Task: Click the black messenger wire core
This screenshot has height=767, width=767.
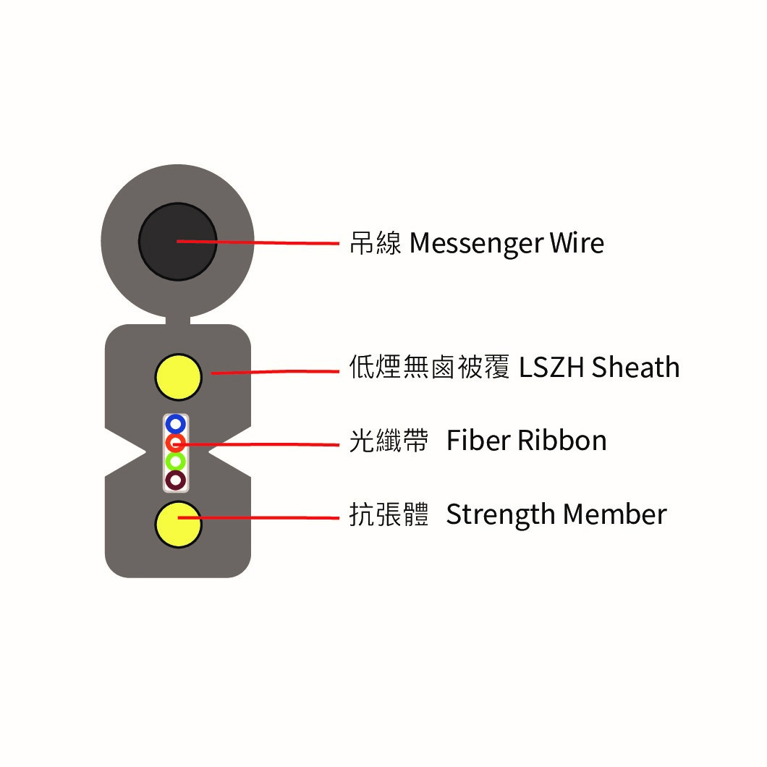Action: coord(177,242)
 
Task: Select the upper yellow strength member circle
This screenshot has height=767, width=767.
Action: coord(179,377)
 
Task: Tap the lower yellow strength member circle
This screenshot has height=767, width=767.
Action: coord(179,524)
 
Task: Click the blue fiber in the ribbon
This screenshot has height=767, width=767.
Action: coord(176,423)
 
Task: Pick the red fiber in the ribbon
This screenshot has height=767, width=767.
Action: coord(176,443)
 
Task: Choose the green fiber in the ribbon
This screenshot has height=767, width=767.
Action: coord(176,461)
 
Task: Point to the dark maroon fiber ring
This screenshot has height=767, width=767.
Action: coord(176,480)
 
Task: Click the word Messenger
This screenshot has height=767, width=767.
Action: coord(476,244)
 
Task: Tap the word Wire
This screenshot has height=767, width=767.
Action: coord(577,242)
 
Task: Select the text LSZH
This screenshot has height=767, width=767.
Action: coord(551,368)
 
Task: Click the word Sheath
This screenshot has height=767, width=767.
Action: coord(635,367)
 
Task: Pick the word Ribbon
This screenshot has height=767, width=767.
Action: coord(562,440)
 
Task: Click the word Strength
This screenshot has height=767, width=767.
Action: coord(501,516)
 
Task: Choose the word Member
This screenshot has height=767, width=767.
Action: coord(615,514)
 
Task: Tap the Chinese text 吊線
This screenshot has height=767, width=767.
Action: coord(376,242)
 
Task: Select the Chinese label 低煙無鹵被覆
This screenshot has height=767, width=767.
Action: coord(429,367)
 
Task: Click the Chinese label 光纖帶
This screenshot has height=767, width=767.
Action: coord(389,440)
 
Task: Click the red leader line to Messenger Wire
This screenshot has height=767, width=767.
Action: coord(258,242)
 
